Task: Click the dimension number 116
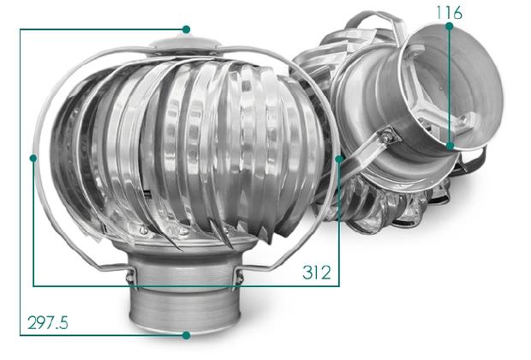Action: [x=449, y=13]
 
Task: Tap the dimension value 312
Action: [x=317, y=273]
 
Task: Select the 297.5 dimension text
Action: [x=48, y=322]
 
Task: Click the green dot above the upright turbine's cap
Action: [x=186, y=29]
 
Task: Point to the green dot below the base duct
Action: [x=186, y=335]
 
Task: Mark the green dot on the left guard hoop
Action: [x=33, y=158]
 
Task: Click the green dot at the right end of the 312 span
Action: [x=339, y=159]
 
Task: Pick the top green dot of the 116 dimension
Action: [x=450, y=26]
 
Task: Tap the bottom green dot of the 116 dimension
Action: [x=450, y=146]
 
